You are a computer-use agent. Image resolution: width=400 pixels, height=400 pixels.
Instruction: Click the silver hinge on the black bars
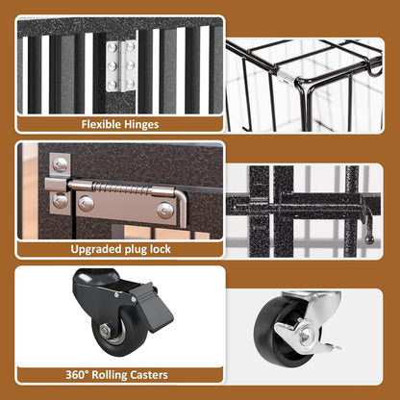tap(121, 65)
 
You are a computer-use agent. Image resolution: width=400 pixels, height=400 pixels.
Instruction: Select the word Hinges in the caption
tap(141, 124)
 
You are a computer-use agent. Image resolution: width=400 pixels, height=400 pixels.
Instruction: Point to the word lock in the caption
tap(160, 249)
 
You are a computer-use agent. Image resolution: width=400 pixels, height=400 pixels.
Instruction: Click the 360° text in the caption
tap(77, 374)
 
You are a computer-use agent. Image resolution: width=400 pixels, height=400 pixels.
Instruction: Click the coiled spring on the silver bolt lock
tap(122, 187)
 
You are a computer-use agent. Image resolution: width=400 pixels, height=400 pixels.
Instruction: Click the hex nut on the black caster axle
tap(106, 331)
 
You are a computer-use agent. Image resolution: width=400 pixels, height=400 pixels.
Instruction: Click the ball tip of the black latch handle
tap(369, 239)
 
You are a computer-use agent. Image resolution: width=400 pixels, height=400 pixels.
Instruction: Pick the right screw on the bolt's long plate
tap(165, 211)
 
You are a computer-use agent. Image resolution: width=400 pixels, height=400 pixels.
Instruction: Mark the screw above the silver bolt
tap(60, 164)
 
